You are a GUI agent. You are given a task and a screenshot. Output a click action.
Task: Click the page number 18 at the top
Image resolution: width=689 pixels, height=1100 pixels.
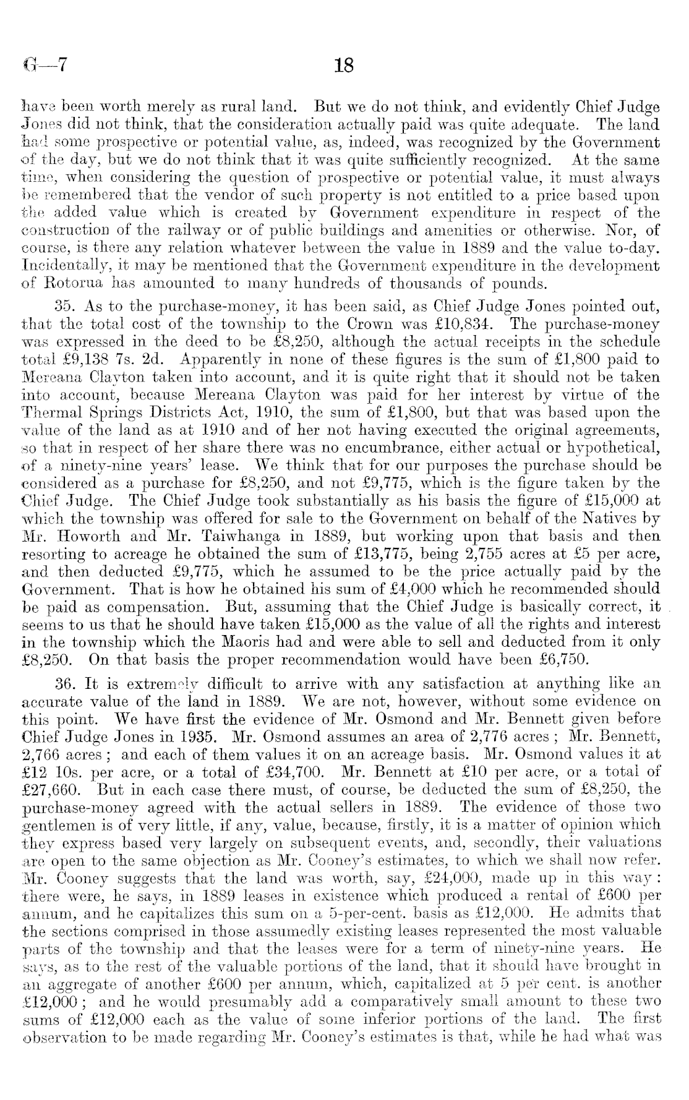(343, 65)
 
